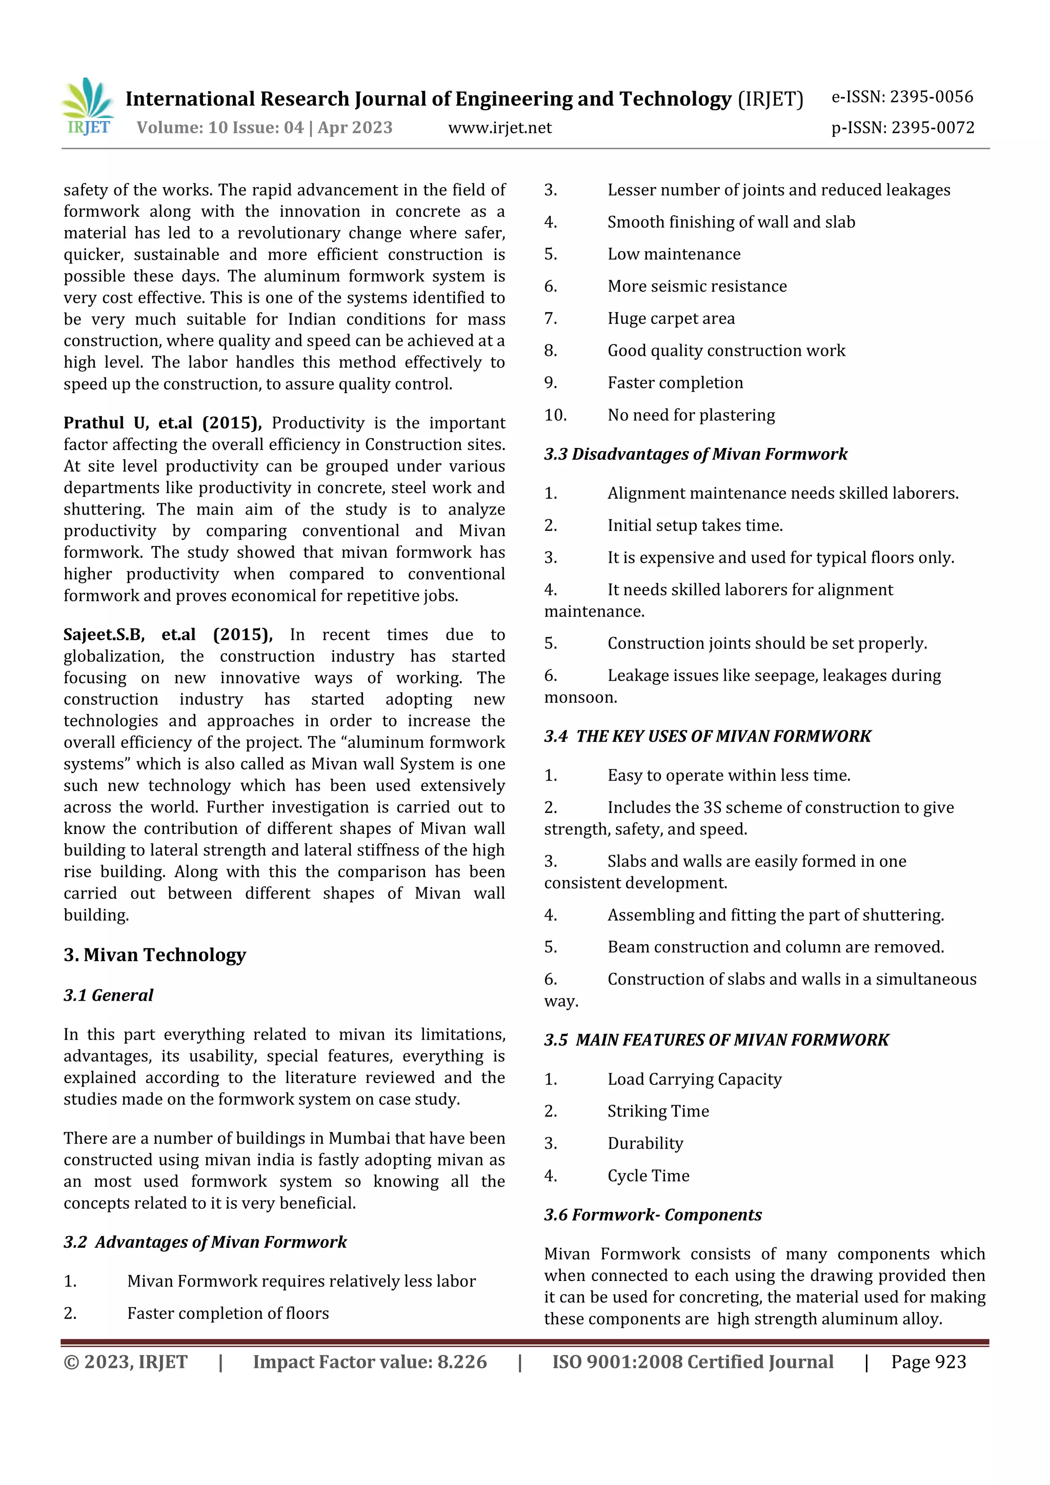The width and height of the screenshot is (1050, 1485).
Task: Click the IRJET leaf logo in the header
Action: click(88, 106)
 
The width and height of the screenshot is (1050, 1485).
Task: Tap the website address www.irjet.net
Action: click(499, 128)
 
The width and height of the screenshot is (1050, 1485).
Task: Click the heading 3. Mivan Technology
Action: click(155, 954)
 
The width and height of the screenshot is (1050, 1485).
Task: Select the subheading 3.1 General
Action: click(108, 995)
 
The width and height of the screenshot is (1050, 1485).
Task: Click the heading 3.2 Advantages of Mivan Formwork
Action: click(205, 1242)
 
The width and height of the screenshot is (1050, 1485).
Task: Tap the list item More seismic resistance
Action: click(697, 287)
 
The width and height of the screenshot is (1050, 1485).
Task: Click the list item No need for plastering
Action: click(691, 415)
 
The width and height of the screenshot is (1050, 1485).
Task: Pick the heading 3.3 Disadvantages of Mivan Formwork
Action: click(696, 454)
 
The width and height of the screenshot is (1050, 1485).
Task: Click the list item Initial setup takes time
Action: click(695, 526)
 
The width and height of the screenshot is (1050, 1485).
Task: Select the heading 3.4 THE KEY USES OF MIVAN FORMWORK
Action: click(707, 736)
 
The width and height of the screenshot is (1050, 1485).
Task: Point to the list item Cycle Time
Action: click(648, 1176)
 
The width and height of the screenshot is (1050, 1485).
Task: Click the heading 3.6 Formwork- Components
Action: click(653, 1215)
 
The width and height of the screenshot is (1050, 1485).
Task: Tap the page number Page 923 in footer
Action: click(928, 1362)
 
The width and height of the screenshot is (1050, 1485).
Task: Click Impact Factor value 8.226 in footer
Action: click(370, 1362)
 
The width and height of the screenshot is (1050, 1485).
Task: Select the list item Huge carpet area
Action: click(671, 319)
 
